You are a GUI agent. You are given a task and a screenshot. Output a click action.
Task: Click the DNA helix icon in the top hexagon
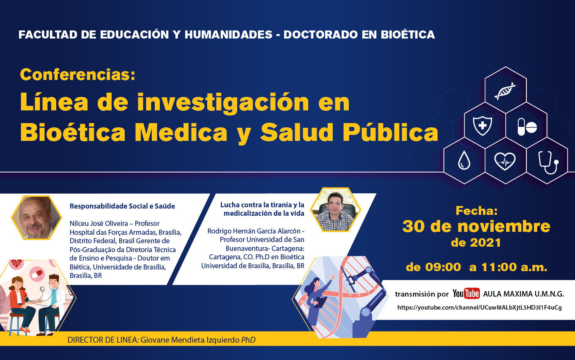(x=505, y=91)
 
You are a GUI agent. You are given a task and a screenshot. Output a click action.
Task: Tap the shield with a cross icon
(x=482, y=126)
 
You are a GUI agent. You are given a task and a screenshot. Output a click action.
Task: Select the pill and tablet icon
(x=527, y=127)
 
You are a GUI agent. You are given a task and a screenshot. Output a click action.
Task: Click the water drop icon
(x=464, y=160)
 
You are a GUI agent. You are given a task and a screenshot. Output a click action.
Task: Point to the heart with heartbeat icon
(x=505, y=161)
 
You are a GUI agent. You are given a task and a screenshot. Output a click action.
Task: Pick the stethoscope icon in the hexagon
(x=548, y=162)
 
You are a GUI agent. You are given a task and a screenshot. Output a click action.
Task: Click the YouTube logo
(x=466, y=293)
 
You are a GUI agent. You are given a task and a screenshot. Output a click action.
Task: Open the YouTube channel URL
(x=479, y=308)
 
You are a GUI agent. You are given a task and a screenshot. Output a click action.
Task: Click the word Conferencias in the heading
(x=77, y=74)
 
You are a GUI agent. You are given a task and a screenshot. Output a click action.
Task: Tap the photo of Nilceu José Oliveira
(x=36, y=217)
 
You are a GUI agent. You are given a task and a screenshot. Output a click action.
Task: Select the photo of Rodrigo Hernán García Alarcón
(x=335, y=210)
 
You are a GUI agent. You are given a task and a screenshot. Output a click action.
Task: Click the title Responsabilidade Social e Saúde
(x=122, y=206)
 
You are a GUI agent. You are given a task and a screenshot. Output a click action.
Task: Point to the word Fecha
(x=476, y=211)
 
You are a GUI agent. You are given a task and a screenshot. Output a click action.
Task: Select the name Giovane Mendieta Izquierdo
(x=190, y=340)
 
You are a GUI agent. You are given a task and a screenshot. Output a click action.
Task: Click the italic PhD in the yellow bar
(x=248, y=340)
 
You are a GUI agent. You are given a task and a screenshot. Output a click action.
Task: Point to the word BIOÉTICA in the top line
(x=408, y=35)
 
